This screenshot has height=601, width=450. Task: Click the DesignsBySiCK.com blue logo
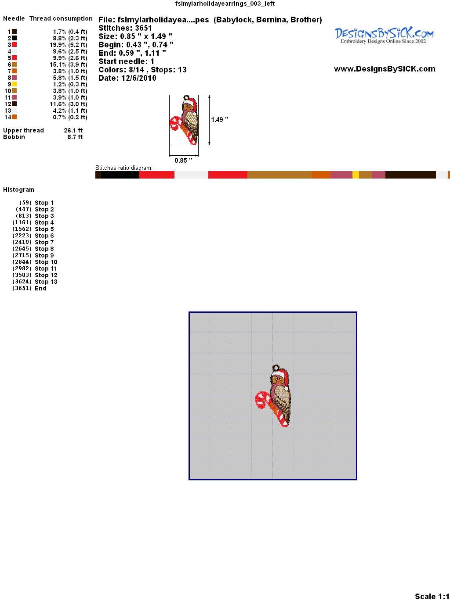(x=384, y=36)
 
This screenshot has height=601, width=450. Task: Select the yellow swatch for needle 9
(x=14, y=84)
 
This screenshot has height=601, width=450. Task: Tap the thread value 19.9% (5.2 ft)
(x=68, y=45)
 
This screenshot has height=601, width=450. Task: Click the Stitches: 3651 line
(x=125, y=28)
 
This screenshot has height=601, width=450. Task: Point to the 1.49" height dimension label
(x=219, y=120)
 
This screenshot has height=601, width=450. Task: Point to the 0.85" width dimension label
(x=183, y=160)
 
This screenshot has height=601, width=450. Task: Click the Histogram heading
(x=18, y=190)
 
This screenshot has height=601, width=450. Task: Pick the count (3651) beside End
(x=22, y=288)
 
